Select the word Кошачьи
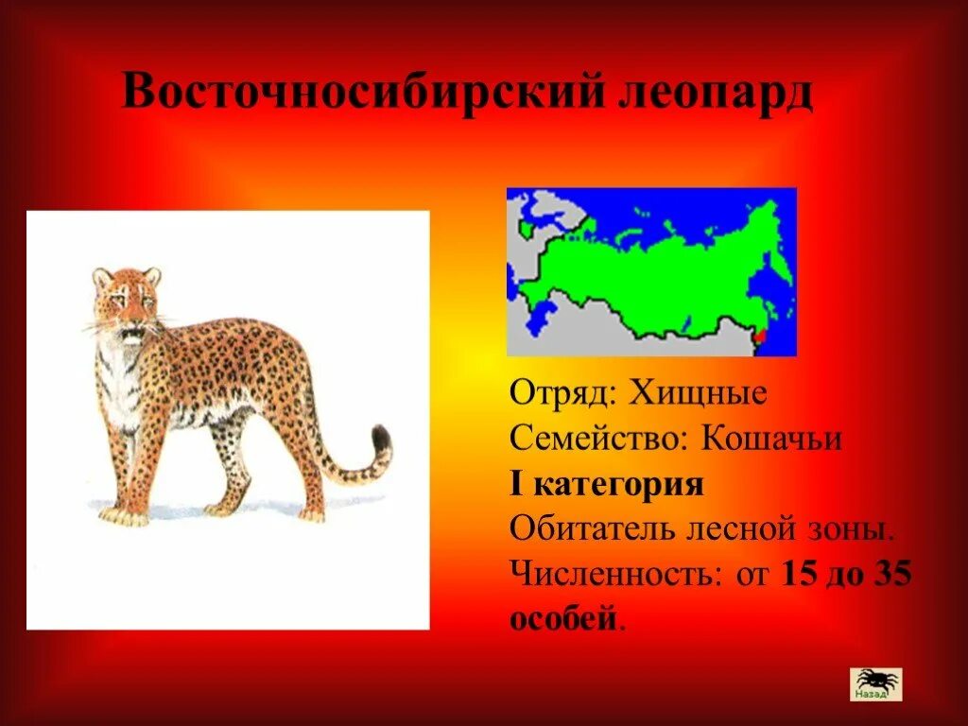point(771,439)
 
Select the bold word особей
point(564,620)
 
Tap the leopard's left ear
point(102,277)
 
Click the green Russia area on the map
point(662,274)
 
